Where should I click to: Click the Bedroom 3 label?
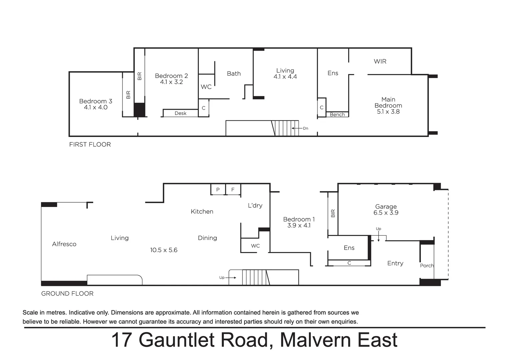click(95, 101)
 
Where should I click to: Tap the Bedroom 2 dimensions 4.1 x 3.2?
click(171, 82)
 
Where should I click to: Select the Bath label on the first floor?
click(233, 74)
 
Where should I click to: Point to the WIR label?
click(380, 61)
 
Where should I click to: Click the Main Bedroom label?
click(388, 102)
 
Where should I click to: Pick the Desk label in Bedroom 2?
click(180, 113)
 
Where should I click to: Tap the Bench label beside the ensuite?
click(337, 115)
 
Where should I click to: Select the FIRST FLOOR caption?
click(90, 144)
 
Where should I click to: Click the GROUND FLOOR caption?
click(67, 294)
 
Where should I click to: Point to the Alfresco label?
click(64, 244)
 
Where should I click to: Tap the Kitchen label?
click(202, 212)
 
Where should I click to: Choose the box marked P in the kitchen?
click(218, 190)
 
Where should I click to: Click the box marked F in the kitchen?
click(233, 190)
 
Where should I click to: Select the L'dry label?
click(255, 206)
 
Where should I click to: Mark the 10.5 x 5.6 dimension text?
click(163, 250)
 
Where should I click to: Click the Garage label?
click(386, 207)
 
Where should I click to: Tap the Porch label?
click(427, 266)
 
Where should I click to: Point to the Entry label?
click(395, 263)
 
